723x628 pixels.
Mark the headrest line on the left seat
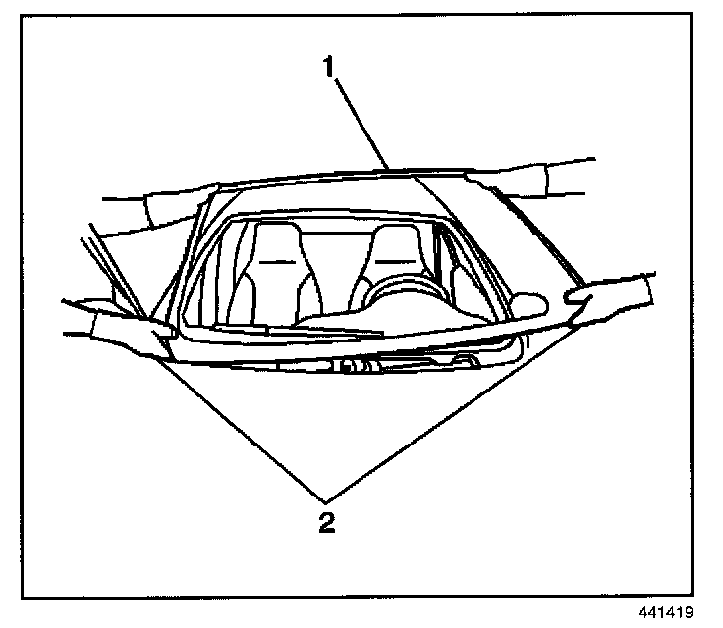tap(277, 260)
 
